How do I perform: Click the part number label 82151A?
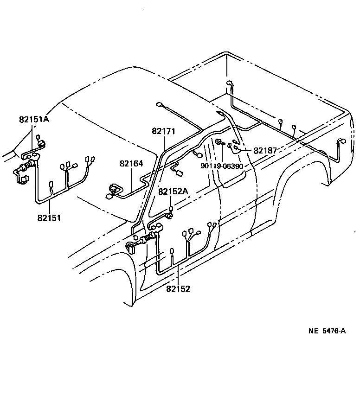click(x=34, y=119)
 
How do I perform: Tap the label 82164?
click(x=131, y=164)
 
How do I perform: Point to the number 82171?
click(x=163, y=132)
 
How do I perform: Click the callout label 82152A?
click(x=173, y=191)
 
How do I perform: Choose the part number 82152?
click(x=178, y=288)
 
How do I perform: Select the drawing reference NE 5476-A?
click(x=327, y=331)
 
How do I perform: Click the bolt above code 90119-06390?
click(x=218, y=141)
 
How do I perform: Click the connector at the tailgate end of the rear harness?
click(x=342, y=142)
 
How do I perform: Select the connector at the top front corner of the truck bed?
click(x=229, y=83)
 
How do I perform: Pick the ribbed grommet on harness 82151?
click(x=28, y=164)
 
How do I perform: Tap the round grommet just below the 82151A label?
click(x=40, y=144)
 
